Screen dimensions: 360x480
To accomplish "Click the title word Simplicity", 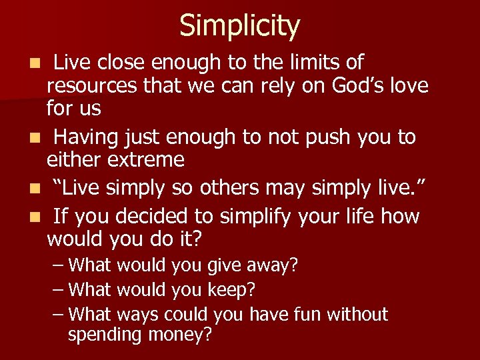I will tap(239, 26).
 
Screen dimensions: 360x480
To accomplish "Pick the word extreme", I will tap(145, 159).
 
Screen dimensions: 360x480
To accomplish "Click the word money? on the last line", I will tap(181, 335).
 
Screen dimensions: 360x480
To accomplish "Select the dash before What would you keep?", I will tap(59, 290).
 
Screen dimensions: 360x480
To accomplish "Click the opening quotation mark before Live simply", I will tap(57, 188).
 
